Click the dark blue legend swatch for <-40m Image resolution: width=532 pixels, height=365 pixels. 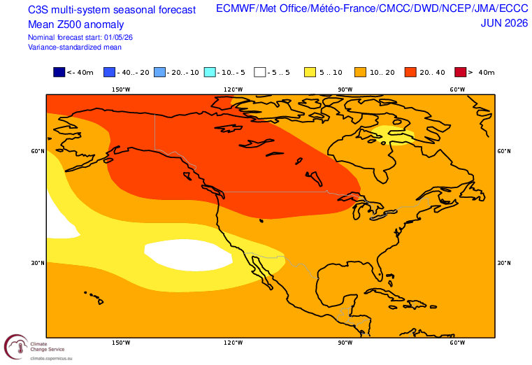click(x=59, y=72)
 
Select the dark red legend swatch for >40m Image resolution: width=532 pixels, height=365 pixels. click(x=461, y=72)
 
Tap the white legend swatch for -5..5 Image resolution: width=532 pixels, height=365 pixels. click(x=260, y=72)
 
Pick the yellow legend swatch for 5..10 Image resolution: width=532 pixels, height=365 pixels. click(x=310, y=72)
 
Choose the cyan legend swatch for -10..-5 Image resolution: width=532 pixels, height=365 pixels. click(x=210, y=72)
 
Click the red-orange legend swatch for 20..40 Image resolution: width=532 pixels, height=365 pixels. click(x=410, y=72)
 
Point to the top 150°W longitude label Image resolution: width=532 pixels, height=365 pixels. click(x=121, y=90)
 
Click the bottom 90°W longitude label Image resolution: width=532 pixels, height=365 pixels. click(x=345, y=343)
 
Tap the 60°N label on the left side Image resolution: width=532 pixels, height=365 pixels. click(x=38, y=151)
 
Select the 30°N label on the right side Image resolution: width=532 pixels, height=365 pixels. click(x=504, y=263)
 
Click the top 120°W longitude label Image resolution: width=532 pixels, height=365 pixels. click(x=233, y=90)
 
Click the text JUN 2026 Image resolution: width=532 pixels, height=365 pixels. click(x=504, y=23)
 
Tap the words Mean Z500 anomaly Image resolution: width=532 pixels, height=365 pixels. click(x=76, y=24)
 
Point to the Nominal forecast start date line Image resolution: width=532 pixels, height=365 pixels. click(x=80, y=37)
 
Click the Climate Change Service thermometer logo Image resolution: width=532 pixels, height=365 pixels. click(x=16, y=347)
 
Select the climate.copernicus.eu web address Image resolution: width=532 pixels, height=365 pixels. click(x=51, y=358)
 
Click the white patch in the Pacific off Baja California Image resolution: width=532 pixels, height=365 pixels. click(x=188, y=255)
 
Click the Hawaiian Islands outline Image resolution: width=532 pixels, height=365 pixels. click(x=94, y=297)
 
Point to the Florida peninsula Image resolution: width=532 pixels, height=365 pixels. click(x=378, y=268)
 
